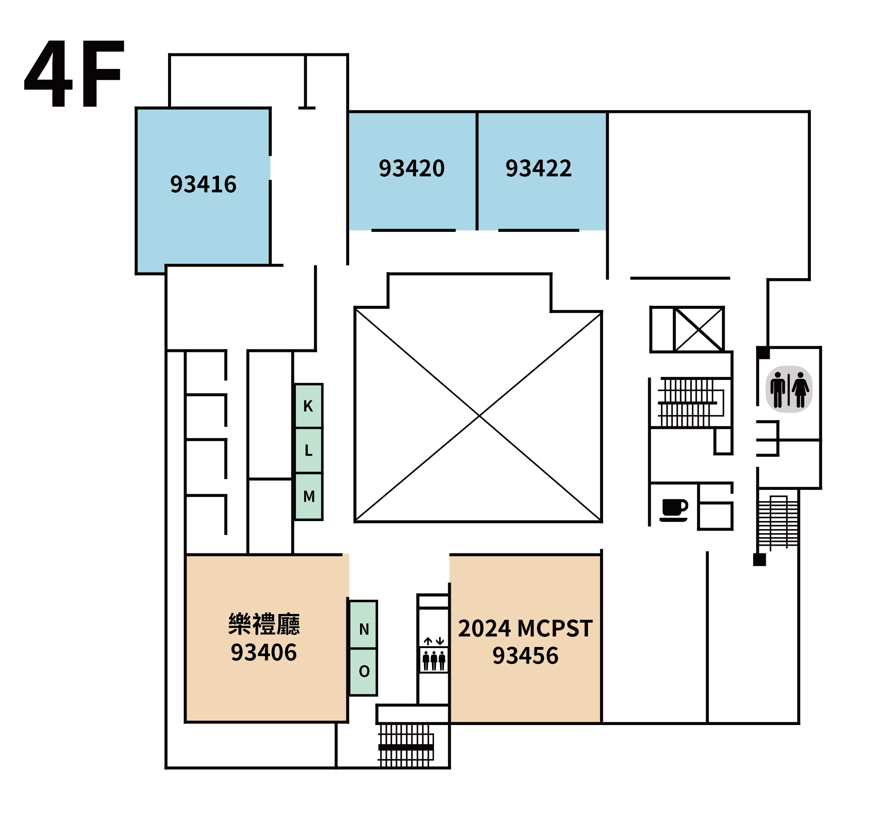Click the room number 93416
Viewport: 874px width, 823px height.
tap(203, 184)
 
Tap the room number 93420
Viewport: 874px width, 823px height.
tap(412, 168)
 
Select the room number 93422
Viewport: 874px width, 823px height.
tap(539, 168)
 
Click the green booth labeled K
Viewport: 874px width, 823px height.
tap(309, 406)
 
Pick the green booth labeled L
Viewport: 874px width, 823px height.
tap(309, 451)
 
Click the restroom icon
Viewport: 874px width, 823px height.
tap(789, 389)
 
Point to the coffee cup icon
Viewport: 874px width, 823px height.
tap(674, 511)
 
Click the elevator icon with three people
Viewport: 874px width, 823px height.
tap(434, 661)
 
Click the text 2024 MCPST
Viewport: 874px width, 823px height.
tap(525, 628)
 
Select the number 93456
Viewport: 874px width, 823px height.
tap(525, 656)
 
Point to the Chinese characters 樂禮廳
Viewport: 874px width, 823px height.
tap(264, 624)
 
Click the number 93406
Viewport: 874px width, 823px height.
tap(264, 652)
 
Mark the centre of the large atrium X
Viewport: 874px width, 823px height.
tap(479, 415)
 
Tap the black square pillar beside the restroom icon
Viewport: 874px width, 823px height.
tap(763, 353)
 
